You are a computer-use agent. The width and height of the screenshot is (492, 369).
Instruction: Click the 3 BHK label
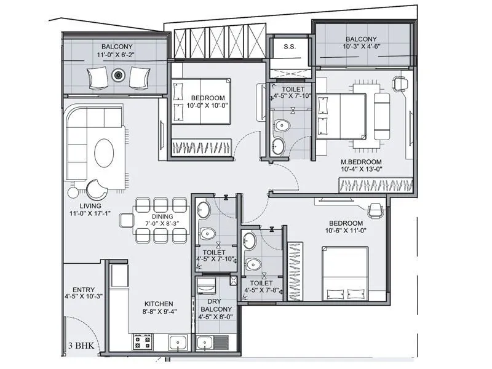(82, 345)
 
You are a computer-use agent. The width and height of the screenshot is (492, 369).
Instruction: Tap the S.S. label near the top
(290, 47)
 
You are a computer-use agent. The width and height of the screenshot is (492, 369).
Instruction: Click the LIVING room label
(85, 206)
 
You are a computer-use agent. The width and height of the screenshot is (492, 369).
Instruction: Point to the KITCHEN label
(159, 304)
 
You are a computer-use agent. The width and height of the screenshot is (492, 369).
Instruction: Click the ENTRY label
(83, 290)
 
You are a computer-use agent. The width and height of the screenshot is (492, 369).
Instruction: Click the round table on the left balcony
(117, 76)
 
